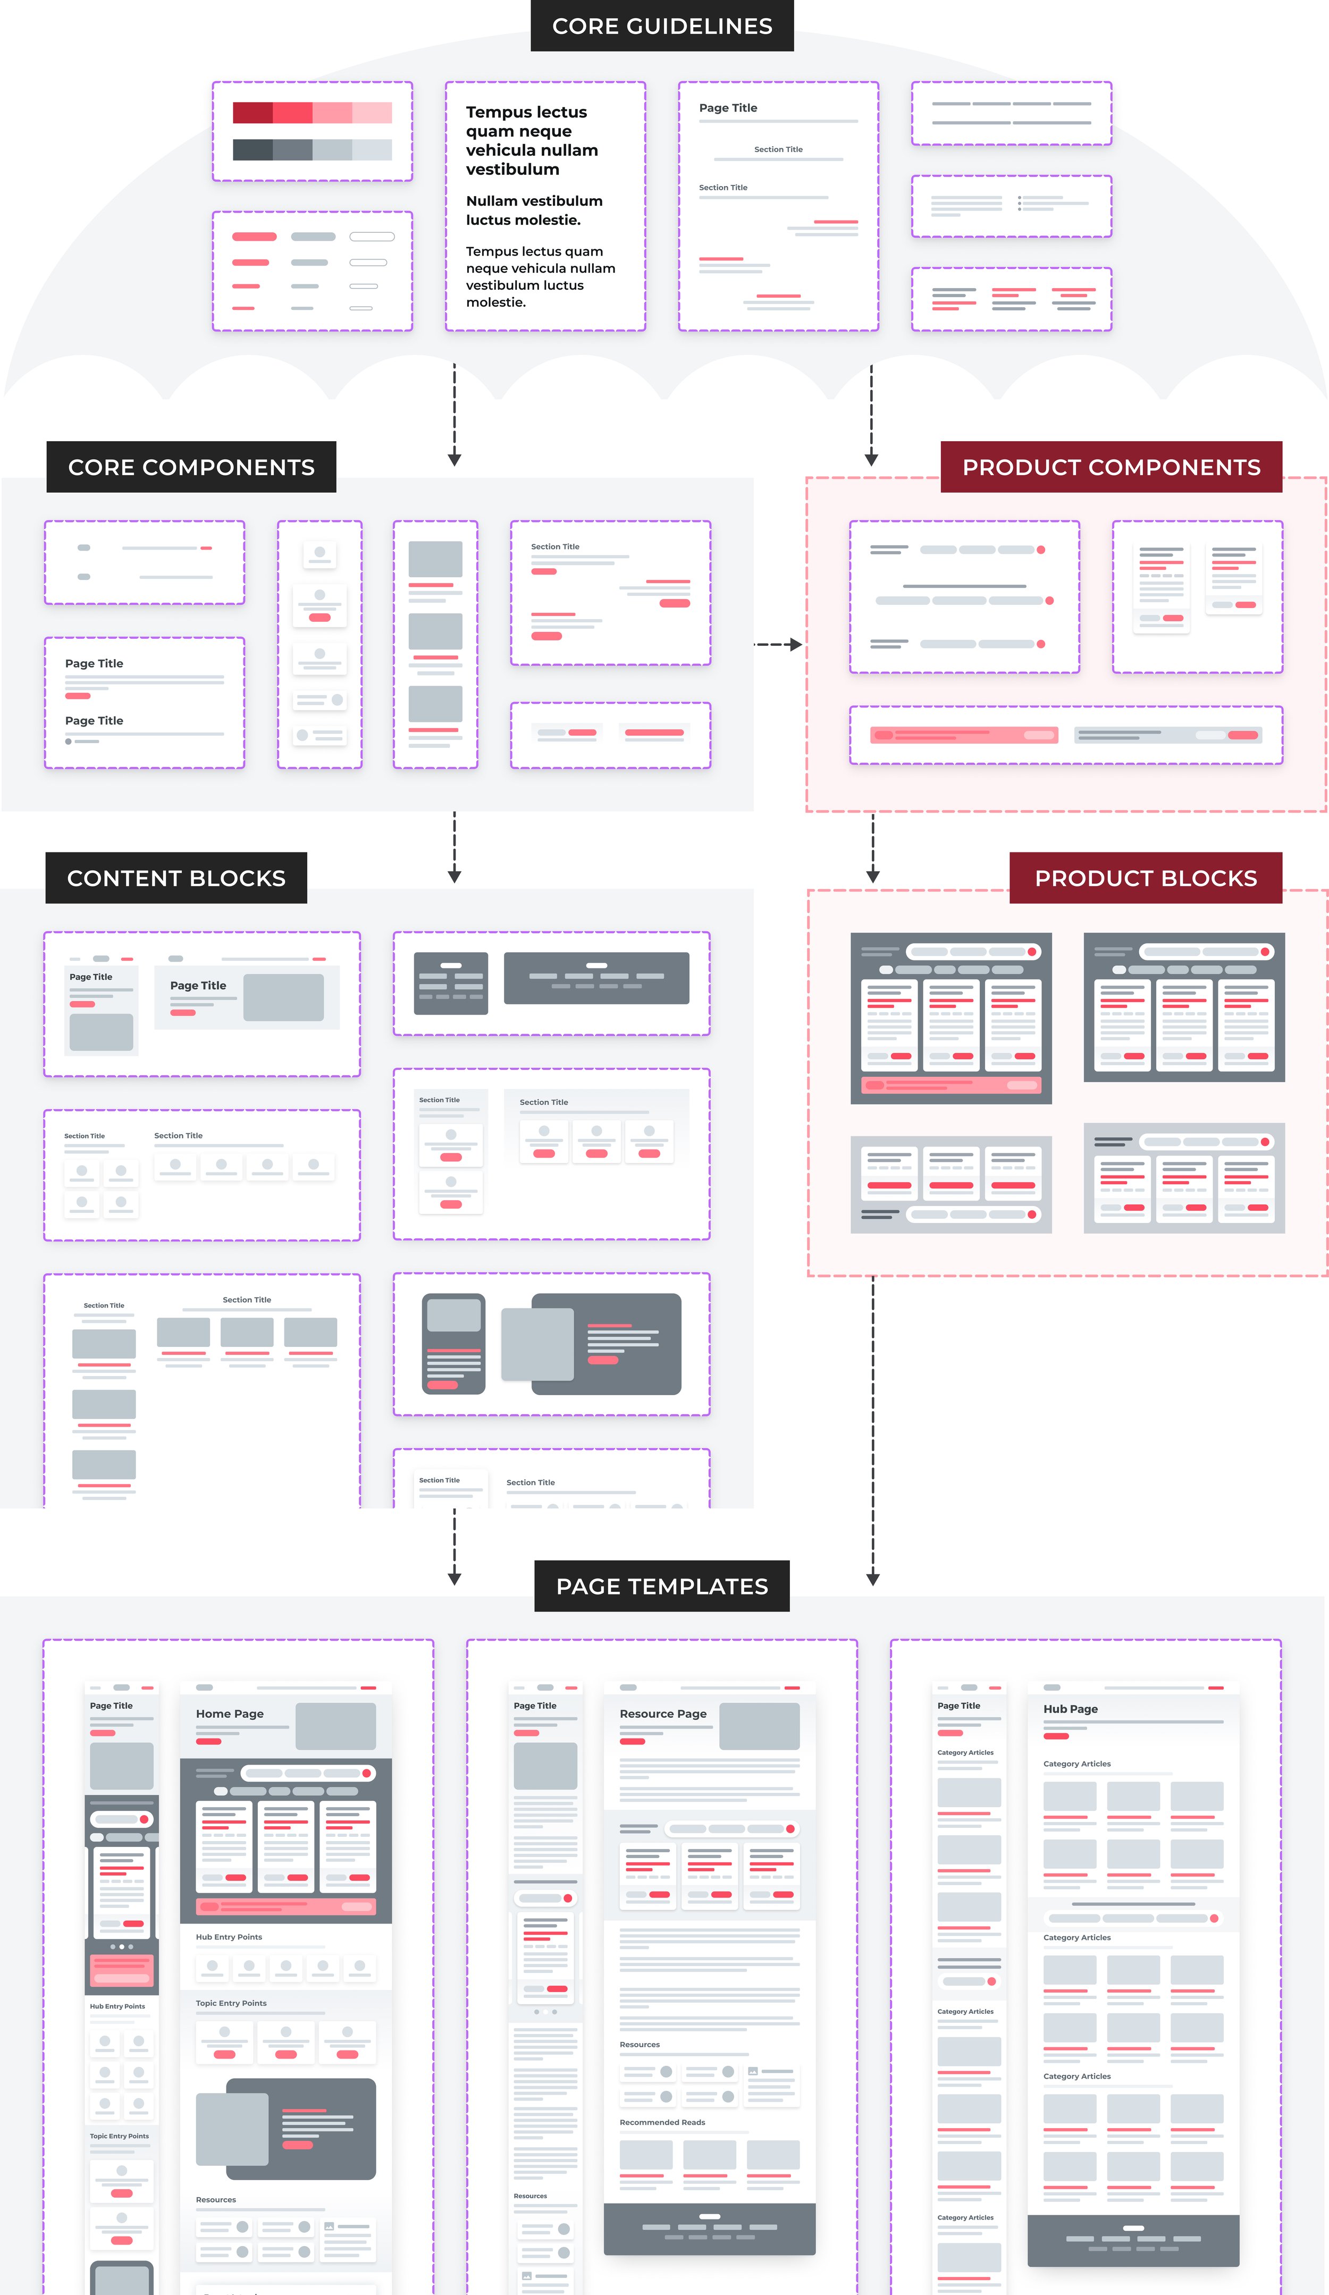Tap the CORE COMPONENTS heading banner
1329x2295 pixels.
pyautogui.click(x=191, y=467)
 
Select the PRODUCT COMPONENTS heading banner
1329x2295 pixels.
pyautogui.click(x=1111, y=467)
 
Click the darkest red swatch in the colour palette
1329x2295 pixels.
pyautogui.click(x=253, y=113)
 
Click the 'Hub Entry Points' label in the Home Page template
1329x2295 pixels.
pyautogui.click(x=229, y=1937)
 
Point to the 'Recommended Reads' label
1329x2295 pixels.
pyautogui.click(x=662, y=2122)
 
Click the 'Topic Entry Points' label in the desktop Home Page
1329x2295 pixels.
pyautogui.click(x=231, y=2003)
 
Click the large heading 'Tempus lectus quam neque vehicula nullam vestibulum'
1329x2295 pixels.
pyautogui.click(x=532, y=140)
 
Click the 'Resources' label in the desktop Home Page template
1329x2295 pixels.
pyautogui.click(x=216, y=2199)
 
